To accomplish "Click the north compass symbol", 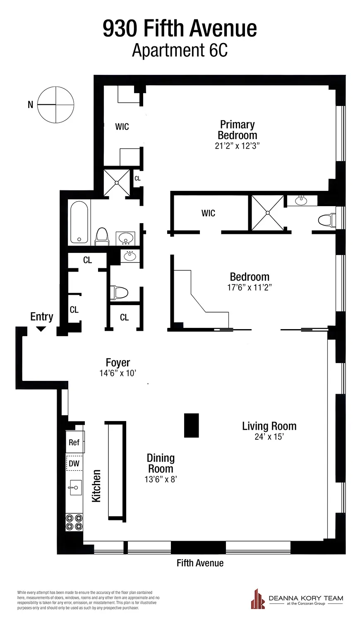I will [55, 105].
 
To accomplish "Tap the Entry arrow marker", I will [41, 329].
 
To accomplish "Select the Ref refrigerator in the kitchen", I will [74, 442].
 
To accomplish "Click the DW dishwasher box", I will [74, 463].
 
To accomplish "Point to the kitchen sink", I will [75, 487].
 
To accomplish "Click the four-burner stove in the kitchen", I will [74, 522].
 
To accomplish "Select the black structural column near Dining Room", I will [191, 425].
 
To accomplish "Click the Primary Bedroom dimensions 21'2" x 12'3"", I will [237, 146].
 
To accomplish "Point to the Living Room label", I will [269, 426].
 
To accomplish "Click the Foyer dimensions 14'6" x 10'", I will [118, 373].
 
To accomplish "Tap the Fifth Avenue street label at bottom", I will [200, 563].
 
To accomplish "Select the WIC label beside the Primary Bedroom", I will [122, 127].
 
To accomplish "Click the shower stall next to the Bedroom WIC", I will [268, 213].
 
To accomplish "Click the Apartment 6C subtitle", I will [180, 51].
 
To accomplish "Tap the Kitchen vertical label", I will [96, 486].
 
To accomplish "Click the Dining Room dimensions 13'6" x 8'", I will [161, 479].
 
